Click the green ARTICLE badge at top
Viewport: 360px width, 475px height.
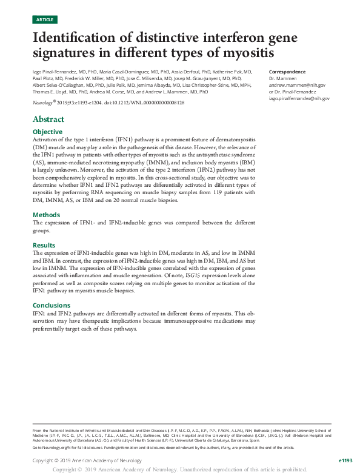45,20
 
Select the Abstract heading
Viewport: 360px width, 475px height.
48,119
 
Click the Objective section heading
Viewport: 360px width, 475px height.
47,132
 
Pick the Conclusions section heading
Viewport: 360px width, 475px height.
52,305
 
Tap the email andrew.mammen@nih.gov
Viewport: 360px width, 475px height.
297,86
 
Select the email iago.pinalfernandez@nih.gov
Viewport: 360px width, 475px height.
299,98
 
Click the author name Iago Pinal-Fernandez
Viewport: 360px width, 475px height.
55,72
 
